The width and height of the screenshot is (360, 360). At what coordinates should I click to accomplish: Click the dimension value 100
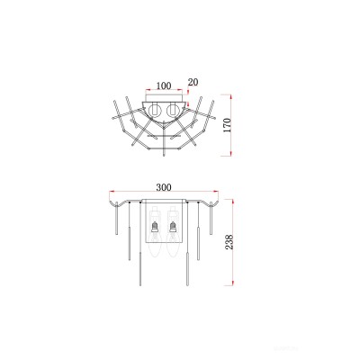163,85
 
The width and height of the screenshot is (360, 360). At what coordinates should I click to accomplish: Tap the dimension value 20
192,82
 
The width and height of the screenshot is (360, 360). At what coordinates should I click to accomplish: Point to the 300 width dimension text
163,187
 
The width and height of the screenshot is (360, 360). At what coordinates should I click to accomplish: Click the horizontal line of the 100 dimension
163,93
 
